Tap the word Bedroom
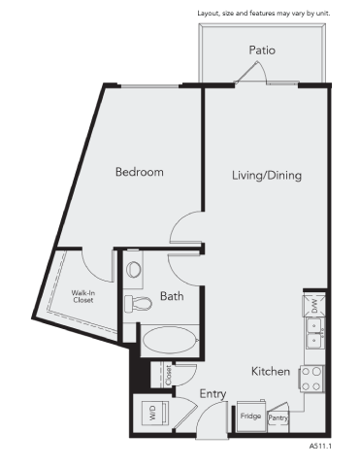139,172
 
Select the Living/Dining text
267,176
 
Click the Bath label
172,296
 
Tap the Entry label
213,393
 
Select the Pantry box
278,416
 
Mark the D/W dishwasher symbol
315,306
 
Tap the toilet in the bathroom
139,301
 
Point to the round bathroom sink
134,267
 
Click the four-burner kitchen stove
313,378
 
